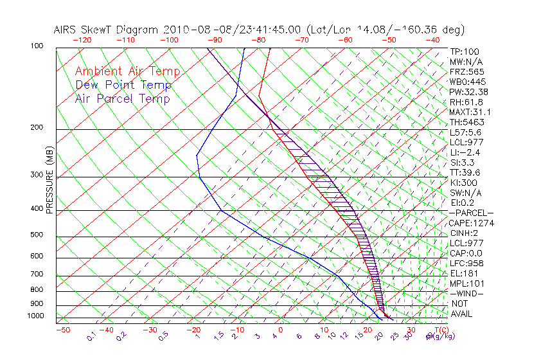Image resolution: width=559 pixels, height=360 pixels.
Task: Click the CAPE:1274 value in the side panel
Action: click(472, 223)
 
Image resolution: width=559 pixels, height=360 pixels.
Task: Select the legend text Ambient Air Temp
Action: click(127, 71)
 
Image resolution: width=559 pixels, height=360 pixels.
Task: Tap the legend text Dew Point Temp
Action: click(123, 85)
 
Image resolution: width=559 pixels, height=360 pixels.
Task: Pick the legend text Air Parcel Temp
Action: click(122, 98)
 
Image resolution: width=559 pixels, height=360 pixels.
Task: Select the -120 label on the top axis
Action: click(82, 40)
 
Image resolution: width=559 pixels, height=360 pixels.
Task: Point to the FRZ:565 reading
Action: click(467, 71)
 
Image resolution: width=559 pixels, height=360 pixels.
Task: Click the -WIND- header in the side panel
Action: click(467, 293)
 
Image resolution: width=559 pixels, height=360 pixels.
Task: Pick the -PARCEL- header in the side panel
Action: click(471, 213)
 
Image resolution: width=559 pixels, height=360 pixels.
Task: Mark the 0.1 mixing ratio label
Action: click(91, 336)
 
